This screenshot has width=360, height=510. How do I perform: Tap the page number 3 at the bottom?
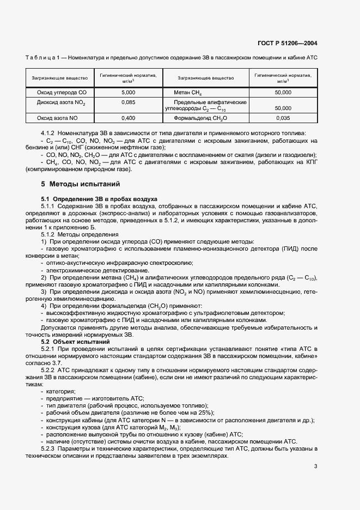tap(315, 466)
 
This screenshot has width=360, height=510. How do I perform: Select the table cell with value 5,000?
tap(129, 93)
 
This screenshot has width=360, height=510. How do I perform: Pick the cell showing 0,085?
tap(129, 102)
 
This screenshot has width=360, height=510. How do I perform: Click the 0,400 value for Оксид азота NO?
tap(129, 117)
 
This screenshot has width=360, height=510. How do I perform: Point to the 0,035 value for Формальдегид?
tap(283, 117)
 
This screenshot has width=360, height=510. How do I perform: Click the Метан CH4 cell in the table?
tap(187, 93)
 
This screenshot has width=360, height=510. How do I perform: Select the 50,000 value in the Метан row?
tap(283, 93)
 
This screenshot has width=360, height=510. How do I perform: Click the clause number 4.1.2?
tap(51, 134)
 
